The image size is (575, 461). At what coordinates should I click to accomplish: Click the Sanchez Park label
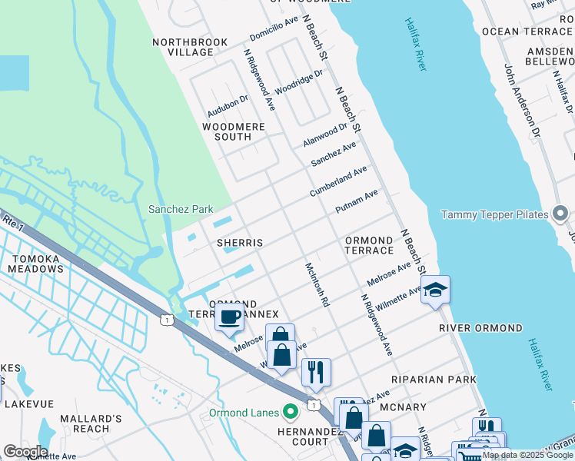(180, 209)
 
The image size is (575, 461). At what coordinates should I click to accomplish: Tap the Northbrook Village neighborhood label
(182, 47)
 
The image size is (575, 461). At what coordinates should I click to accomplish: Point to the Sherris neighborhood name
(240, 243)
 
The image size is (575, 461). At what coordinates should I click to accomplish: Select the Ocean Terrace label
(527, 32)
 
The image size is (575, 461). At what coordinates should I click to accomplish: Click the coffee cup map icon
(229, 317)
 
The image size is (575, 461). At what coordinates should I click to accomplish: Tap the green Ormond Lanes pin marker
(291, 413)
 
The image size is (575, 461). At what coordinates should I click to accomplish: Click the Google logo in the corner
(25, 451)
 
